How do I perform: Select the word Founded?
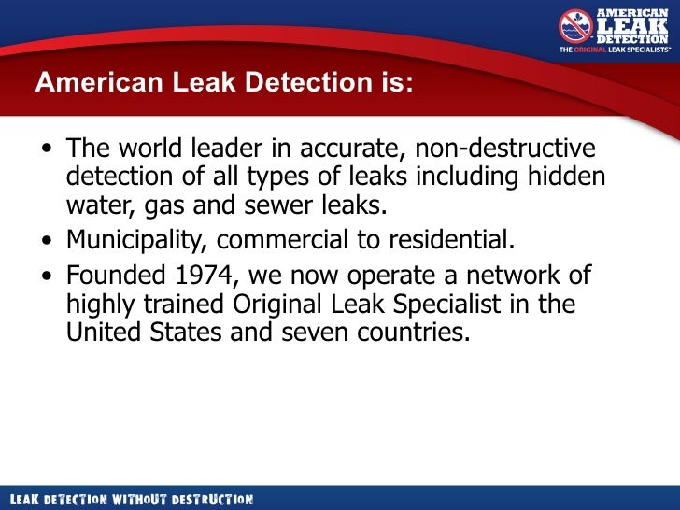[110, 276]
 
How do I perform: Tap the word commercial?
[285, 240]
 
